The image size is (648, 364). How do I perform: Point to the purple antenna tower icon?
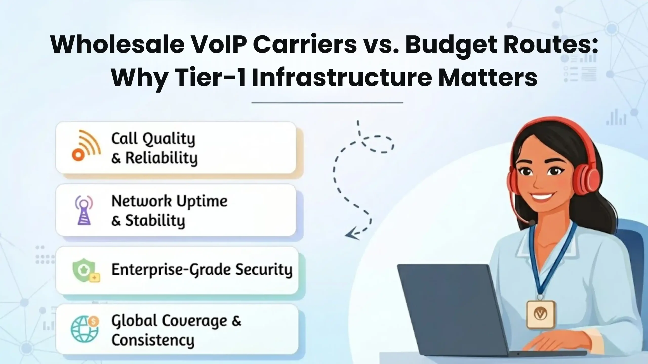tap(84, 210)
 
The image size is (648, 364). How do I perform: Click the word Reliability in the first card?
tap(161, 158)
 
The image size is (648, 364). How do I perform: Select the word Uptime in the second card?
tap(202, 201)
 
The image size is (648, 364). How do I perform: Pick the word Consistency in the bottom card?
tap(153, 340)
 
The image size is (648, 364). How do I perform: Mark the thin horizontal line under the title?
tap(327, 103)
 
